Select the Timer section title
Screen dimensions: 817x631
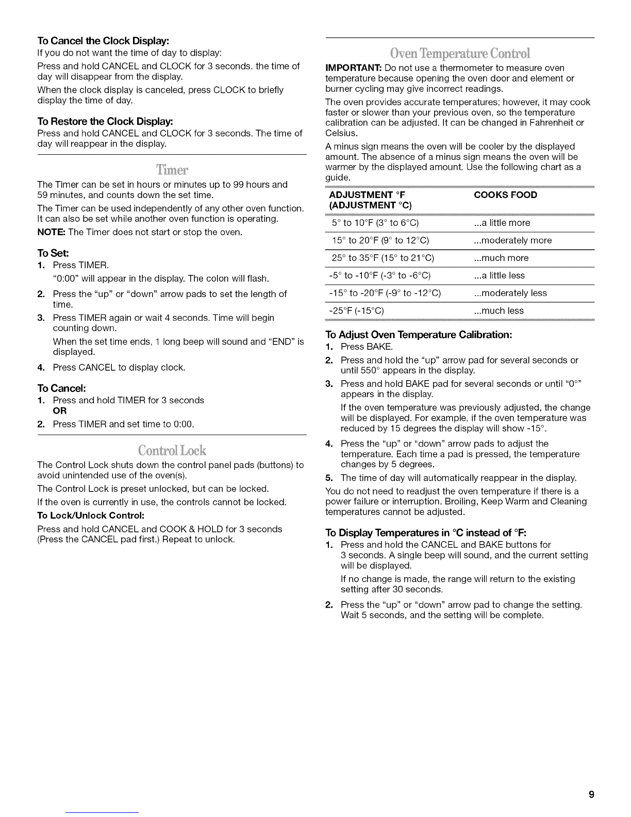click(173, 169)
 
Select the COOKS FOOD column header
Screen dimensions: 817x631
click(505, 195)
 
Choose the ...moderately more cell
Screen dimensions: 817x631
click(512, 240)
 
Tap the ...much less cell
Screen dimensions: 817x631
click(499, 311)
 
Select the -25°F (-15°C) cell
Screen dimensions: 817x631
click(357, 311)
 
